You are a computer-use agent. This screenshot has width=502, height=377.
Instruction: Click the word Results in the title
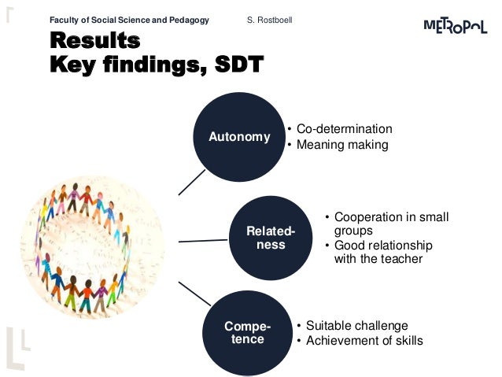pyautogui.click(x=94, y=41)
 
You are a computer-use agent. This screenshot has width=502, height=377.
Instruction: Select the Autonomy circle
pyautogui.click(x=239, y=136)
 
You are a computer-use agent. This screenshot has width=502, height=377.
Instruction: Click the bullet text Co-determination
pyautogui.click(x=345, y=129)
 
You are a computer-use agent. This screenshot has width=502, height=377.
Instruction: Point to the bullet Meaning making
pyautogui.click(x=342, y=144)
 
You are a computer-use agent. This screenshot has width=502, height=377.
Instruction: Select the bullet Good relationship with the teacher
pyautogui.click(x=382, y=253)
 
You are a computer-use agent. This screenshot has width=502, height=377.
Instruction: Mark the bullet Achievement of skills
pyautogui.click(x=364, y=340)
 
